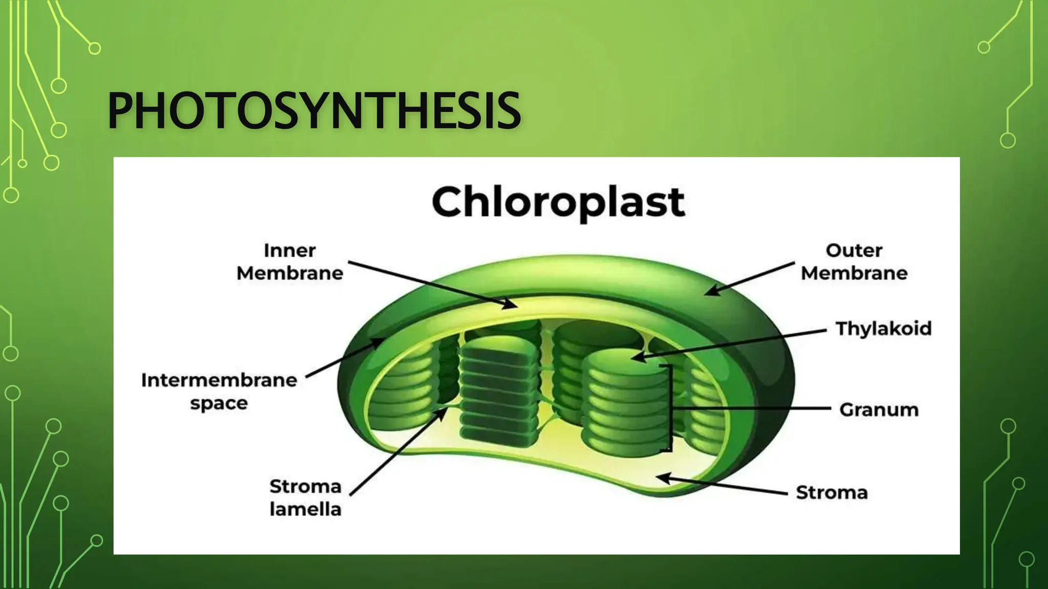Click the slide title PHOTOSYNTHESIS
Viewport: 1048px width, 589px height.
[x=313, y=111]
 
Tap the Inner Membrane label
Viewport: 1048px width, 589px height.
[x=290, y=262]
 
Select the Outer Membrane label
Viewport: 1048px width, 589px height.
[x=854, y=262]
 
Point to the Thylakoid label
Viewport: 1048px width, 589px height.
[x=883, y=328]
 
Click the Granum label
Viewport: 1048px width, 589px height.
[x=879, y=410]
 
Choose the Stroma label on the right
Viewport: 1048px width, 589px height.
[x=832, y=492]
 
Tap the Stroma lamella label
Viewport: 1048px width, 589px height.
[x=305, y=497]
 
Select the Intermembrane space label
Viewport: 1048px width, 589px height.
[x=219, y=391]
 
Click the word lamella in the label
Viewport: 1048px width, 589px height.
[x=305, y=509]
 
